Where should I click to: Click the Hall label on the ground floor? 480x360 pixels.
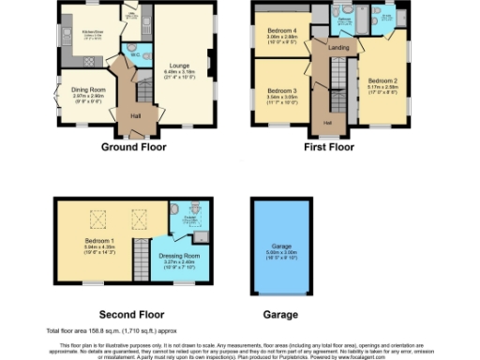click(x=135, y=116)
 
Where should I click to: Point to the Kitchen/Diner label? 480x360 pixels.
click(x=92, y=31)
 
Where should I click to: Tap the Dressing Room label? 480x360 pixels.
click(x=178, y=255)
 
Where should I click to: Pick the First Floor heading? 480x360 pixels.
click(x=328, y=147)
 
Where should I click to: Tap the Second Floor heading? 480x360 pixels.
click(x=131, y=314)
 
